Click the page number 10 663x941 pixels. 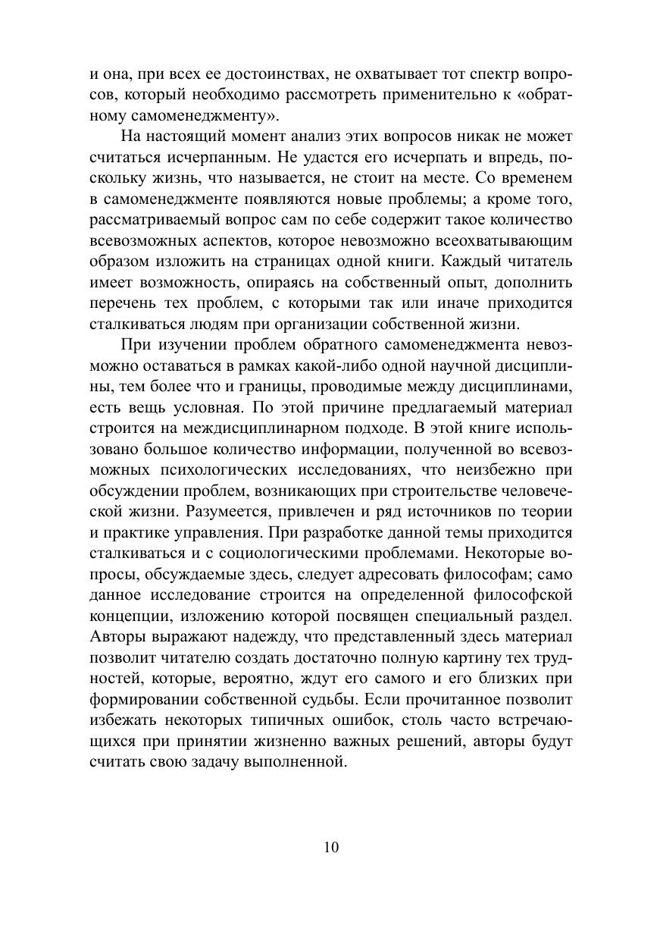(x=330, y=847)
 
